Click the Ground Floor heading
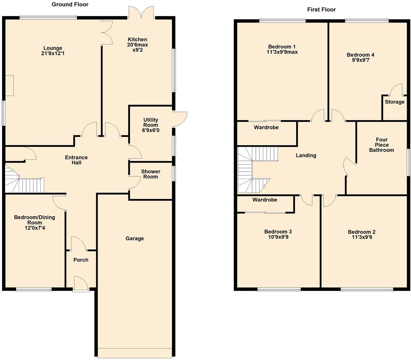[70, 4]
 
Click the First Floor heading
[321, 9]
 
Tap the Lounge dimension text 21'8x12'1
[53, 53]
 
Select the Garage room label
[135, 238]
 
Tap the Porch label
[81, 260]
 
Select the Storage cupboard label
[395, 102]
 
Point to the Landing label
[306, 155]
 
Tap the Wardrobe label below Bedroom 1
[266, 127]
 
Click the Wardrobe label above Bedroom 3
[265, 200]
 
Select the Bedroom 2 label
[361, 232]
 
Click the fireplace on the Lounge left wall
[9, 86]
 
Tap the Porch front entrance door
[81, 283]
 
